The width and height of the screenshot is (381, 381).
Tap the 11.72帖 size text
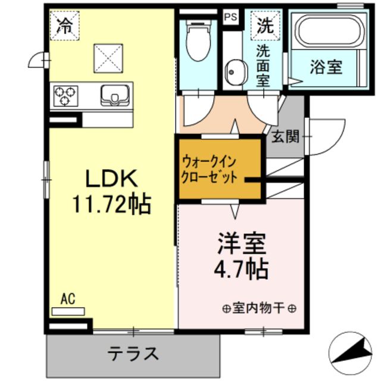pyautogui.click(x=111, y=205)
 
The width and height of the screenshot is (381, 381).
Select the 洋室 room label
pyautogui.click(x=241, y=243)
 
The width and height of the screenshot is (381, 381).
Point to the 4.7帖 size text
pyautogui.click(x=241, y=269)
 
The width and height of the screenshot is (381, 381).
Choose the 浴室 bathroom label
pyautogui.click(x=326, y=67)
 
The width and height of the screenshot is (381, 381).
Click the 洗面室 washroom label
pyautogui.click(x=263, y=65)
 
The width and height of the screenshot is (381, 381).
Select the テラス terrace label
pyautogui.click(x=133, y=354)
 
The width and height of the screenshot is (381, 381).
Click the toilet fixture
pyautogui.click(x=197, y=40)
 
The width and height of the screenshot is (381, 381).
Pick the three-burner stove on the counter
pyautogui.click(x=65, y=95)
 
